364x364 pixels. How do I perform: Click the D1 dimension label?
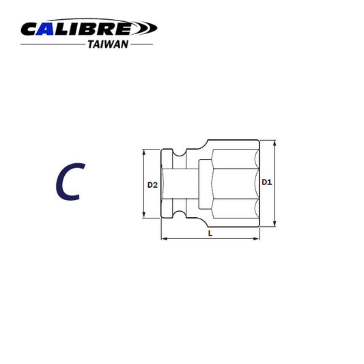click(267, 183)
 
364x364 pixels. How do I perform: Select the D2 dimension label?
click(153, 184)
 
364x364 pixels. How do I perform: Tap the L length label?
click(210, 234)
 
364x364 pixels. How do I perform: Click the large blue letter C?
click(68, 183)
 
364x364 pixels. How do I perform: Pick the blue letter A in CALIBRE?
click(53, 29)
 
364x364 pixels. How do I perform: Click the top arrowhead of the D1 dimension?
click(275, 143)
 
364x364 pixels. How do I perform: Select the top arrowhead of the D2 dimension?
click(143, 152)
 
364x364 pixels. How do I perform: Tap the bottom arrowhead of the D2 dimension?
click(143, 216)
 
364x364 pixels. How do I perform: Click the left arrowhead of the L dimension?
click(163, 239)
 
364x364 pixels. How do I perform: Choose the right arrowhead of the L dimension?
click(259, 239)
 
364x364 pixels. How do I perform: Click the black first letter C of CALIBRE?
click(33, 29)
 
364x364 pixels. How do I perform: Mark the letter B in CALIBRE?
click(92, 29)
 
